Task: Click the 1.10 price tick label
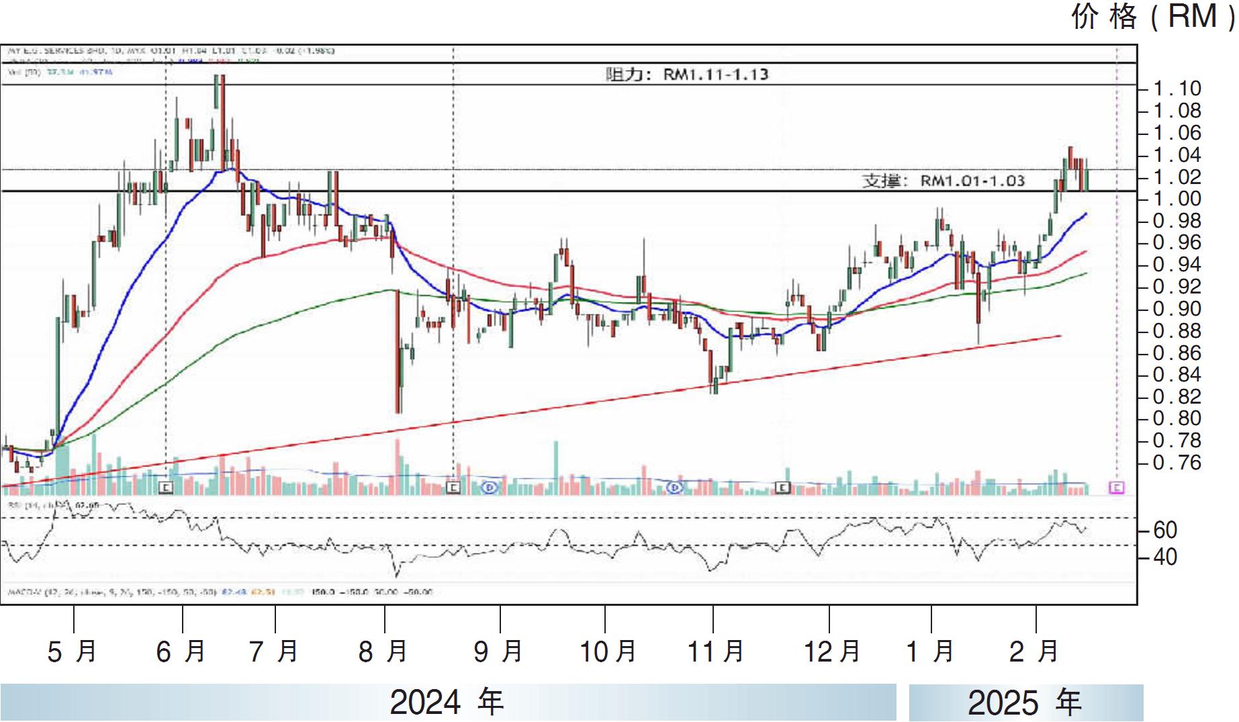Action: tap(1177, 89)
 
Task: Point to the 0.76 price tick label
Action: tap(1177, 463)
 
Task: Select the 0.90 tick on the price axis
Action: tap(1177, 309)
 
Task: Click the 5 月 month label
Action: tap(73, 651)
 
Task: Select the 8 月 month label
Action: tap(383, 651)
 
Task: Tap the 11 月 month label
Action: tap(716, 651)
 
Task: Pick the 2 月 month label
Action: tap(1034, 651)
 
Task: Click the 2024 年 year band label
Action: tap(447, 703)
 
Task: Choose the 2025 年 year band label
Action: tap(1025, 703)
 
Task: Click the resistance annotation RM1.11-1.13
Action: tap(686, 74)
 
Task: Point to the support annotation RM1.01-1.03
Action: tap(944, 181)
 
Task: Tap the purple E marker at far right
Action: tap(1116, 487)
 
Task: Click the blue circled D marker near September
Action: tap(490, 487)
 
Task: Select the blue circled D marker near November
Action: tap(675, 487)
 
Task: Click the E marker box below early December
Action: tap(783, 488)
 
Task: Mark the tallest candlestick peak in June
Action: tap(220, 77)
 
